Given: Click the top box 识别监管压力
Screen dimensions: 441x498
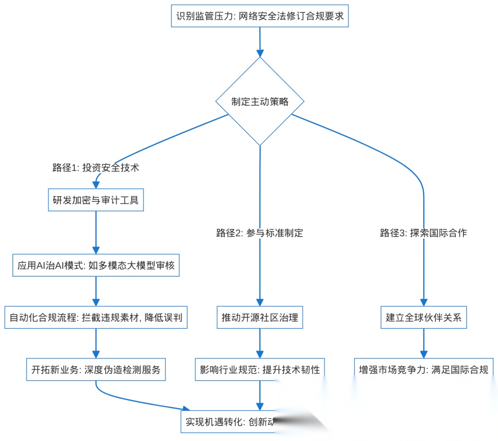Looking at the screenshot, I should click(x=260, y=17).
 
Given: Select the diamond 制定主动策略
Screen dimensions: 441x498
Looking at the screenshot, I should click(x=260, y=102).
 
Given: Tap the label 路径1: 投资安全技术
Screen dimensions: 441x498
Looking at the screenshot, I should click(x=96, y=168).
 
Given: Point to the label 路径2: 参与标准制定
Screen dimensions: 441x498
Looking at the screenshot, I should click(x=260, y=233).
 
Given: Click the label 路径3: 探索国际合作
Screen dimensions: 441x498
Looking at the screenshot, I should click(x=423, y=233).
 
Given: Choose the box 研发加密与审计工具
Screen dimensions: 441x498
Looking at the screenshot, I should click(x=96, y=200).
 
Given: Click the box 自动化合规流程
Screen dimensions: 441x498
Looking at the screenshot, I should click(x=96, y=318).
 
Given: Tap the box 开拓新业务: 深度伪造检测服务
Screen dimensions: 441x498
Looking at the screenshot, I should click(x=96, y=369).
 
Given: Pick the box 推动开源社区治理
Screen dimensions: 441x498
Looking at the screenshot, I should click(x=260, y=318).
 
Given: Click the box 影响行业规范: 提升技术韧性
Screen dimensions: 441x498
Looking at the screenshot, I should click(x=260, y=369).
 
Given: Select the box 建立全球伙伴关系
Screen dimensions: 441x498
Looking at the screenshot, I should click(x=423, y=318).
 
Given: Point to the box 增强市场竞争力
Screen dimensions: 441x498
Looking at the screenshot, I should click(x=423, y=369).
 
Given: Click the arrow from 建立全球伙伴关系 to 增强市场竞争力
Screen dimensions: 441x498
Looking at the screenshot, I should click(x=423, y=344).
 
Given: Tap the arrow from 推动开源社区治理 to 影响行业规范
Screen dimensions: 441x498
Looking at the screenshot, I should click(x=260, y=344).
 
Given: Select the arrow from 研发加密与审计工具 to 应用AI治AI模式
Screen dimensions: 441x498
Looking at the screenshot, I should click(x=96, y=233).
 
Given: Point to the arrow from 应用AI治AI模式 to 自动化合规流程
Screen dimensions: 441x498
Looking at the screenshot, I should click(x=96, y=291).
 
